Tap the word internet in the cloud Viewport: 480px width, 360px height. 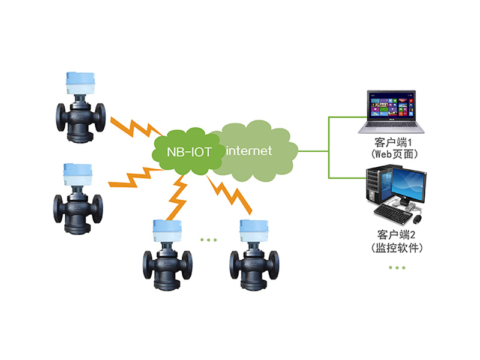249,151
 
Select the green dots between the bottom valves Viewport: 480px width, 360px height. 208,240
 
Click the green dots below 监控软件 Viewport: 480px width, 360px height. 397,267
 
